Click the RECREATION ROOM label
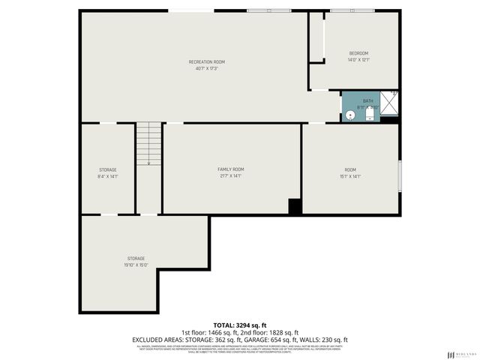click(x=206, y=61)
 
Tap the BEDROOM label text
click(x=358, y=53)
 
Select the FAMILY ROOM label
click(x=231, y=169)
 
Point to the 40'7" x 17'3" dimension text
click(x=206, y=68)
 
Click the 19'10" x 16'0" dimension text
click(x=136, y=265)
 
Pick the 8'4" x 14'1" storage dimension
click(x=108, y=177)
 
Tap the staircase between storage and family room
click(x=148, y=143)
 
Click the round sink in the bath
click(x=350, y=115)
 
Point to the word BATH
click(x=367, y=100)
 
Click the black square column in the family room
click(x=295, y=207)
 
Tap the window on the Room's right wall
click(x=399, y=175)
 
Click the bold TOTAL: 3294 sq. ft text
click(x=239, y=323)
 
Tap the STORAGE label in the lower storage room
click(x=136, y=258)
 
